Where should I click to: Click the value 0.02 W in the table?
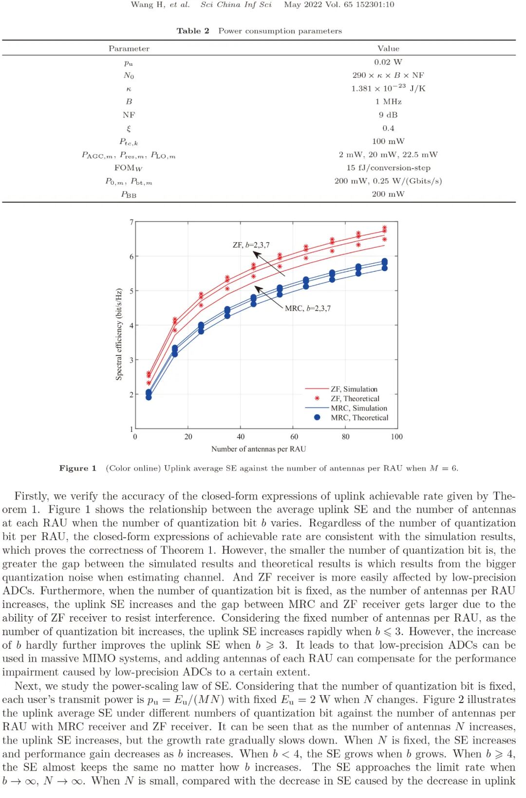(388, 62)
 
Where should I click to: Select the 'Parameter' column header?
(129, 48)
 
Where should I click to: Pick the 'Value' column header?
(388, 48)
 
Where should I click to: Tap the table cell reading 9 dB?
(388, 115)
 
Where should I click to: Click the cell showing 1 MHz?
(388, 101)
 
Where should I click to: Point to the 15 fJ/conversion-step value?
(388, 168)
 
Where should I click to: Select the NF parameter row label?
(129, 115)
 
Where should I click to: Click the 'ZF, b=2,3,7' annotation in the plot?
(251, 245)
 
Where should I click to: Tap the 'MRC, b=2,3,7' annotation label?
(307, 308)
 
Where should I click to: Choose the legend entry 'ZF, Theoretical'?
(355, 398)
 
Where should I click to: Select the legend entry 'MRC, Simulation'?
(358, 408)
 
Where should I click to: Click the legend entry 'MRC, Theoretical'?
(359, 418)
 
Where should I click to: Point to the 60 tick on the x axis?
(294, 437)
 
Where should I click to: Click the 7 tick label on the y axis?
(131, 222)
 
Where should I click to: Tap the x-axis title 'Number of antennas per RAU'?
(258, 449)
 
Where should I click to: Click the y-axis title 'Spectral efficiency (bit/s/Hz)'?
(119, 334)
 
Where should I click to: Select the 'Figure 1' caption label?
(77, 468)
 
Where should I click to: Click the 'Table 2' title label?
(193, 31)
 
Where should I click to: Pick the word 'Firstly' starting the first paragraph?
(31, 496)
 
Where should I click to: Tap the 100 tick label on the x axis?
(396, 437)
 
